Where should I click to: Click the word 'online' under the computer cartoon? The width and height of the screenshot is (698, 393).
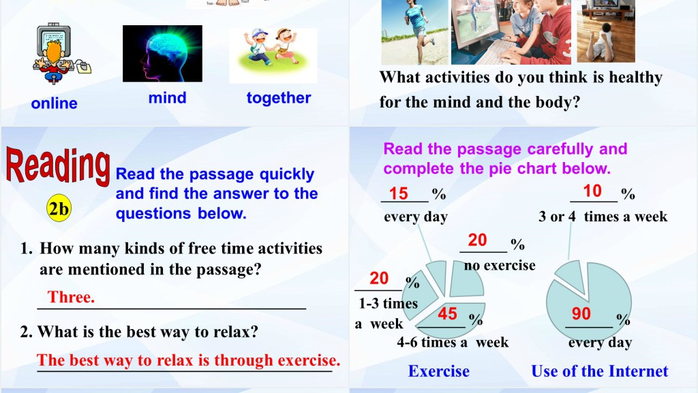[55, 103]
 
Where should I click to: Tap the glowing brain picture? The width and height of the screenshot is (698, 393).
[162, 53]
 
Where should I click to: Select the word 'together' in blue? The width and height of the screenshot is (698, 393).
[279, 98]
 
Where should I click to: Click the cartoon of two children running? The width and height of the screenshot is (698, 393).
[273, 56]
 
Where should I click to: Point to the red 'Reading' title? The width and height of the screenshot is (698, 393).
[58, 166]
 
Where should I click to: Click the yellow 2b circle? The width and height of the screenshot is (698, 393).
[59, 208]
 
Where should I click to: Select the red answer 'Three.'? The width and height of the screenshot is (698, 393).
[71, 296]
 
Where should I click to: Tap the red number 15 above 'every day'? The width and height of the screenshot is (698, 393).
[398, 193]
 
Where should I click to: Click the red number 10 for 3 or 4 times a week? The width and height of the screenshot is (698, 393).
[592, 191]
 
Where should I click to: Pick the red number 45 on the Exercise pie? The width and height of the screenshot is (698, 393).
[447, 313]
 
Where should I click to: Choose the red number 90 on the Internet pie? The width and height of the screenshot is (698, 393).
[581, 313]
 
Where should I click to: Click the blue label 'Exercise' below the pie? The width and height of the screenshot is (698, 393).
[439, 371]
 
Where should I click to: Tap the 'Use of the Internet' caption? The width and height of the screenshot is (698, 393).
[600, 371]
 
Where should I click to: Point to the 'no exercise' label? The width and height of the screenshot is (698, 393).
[500, 265]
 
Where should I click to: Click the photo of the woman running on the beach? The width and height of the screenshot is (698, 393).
[415, 32]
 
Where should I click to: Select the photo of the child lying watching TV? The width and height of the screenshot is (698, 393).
[606, 31]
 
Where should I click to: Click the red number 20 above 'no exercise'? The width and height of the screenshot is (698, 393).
[477, 240]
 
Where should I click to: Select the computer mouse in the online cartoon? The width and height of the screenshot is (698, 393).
[84, 67]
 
